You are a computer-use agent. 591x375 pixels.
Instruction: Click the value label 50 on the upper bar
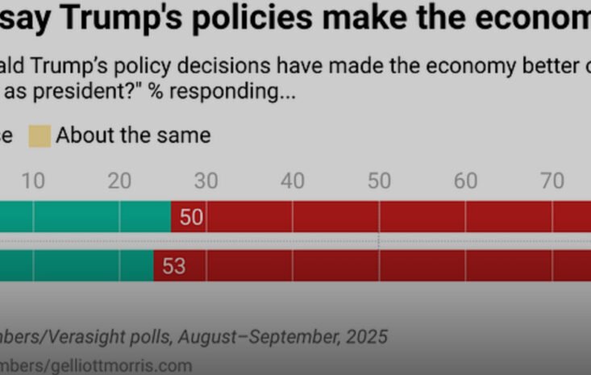(x=192, y=217)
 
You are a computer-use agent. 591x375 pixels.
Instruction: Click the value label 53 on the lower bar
(x=174, y=265)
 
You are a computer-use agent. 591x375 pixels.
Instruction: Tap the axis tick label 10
(x=33, y=181)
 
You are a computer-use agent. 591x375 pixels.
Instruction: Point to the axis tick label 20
(x=119, y=181)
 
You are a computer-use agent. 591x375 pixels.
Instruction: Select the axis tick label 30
(x=206, y=181)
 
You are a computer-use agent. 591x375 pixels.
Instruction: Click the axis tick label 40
(x=292, y=181)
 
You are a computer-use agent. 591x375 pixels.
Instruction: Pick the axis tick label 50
(x=379, y=181)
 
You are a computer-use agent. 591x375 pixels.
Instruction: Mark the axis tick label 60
(x=465, y=181)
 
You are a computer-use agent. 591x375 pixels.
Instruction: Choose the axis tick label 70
(x=552, y=181)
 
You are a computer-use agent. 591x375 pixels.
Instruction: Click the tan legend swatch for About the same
(x=40, y=135)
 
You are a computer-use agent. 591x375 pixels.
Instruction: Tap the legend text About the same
(x=133, y=135)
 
